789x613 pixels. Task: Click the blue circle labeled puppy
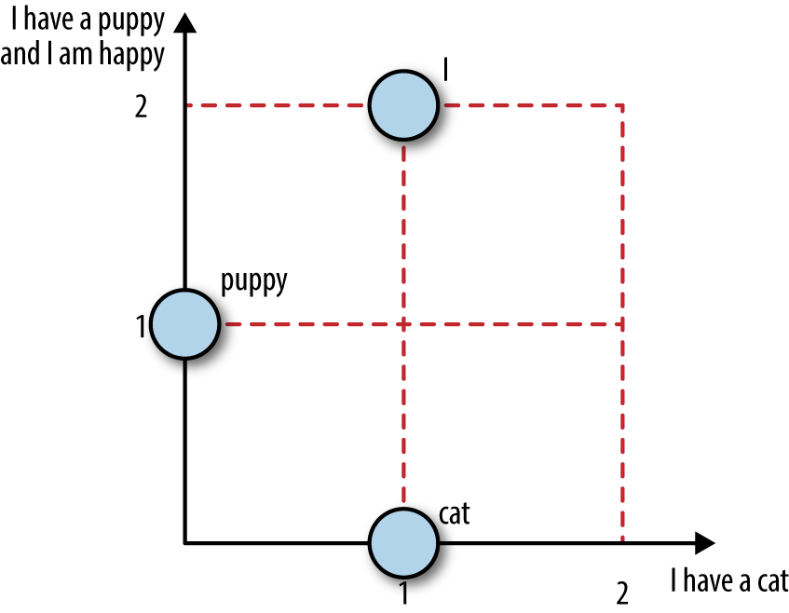[185, 324]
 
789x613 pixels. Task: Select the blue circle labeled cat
[403, 542]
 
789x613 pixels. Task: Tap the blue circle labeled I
[403, 105]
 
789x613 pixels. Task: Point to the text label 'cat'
[455, 514]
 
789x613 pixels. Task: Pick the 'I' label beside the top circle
[445, 70]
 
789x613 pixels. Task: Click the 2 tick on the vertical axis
[142, 107]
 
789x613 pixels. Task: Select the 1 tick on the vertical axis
[141, 326]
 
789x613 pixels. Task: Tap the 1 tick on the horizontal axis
[403, 593]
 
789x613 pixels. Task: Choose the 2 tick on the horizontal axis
[622, 593]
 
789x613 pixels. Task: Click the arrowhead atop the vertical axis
[185, 22]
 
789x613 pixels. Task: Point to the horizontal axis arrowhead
[704, 542]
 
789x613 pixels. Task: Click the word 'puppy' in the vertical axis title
[130, 22]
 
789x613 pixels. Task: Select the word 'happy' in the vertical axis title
[132, 55]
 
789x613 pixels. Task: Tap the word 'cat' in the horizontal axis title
[773, 582]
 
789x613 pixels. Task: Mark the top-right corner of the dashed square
[623, 105]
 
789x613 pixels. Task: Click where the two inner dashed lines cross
[404, 324]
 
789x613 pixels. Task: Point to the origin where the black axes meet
[185, 542]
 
